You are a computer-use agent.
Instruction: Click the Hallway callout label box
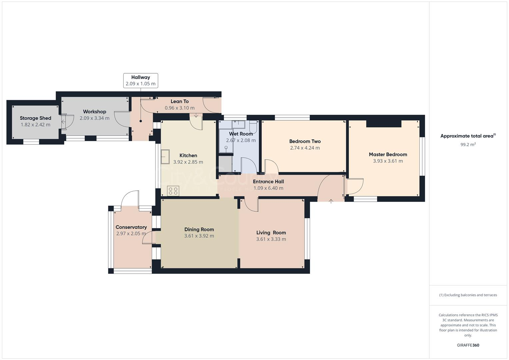[x=140, y=80]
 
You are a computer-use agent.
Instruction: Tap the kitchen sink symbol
[x=165, y=157]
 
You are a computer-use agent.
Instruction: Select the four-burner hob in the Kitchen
[x=173, y=191]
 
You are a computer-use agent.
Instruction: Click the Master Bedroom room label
[x=388, y=154]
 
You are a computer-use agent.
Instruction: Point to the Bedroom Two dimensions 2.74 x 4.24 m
[x=305, y=148]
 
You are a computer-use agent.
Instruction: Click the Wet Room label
[x=241, y=134]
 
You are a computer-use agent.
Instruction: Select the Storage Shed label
[x=35, y=118]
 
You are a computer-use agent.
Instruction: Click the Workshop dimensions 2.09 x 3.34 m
[x=94, y=118]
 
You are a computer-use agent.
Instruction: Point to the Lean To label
[x=180, y=101]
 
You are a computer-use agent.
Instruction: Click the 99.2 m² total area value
[x=468, y=145]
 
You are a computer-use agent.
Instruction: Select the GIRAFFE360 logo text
[x=468, y=345]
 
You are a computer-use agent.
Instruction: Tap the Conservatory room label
[x=131, y=227]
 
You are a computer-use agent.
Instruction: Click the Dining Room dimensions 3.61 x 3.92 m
[x=199, y=236]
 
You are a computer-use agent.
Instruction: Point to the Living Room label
[x=271, y=233]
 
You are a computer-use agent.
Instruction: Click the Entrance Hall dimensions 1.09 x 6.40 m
[x=268, y=188]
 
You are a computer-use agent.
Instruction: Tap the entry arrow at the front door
[x=331, y=201]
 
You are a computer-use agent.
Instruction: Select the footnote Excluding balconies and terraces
[x=468, y=295]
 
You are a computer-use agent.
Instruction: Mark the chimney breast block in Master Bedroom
[x=383, y=124]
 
